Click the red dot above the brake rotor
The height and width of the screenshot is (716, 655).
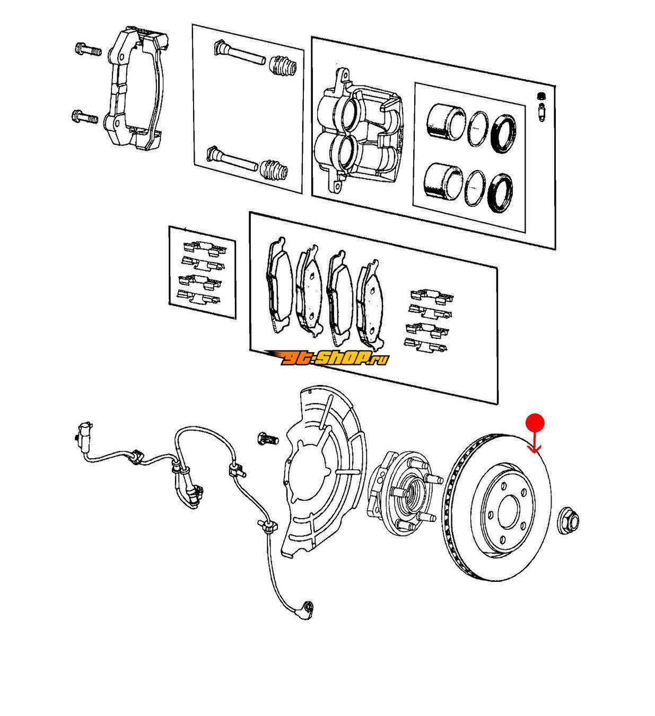pyautogui.click(x=535, y=423)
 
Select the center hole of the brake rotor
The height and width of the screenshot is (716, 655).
pyautogui.click(x=512, y=516)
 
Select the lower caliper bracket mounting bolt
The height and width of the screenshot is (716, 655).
pyautogui.click(x=85, y=117)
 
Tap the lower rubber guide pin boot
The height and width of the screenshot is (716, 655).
pyautogui.click(x=274, y=171)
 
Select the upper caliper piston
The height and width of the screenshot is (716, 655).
pyautogui.click(x=446, y=121)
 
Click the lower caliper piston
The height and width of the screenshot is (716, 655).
pyautogui.click(x=443, y=182)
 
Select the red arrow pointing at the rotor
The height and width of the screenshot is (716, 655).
pyautogui.click(x=535, y=442)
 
